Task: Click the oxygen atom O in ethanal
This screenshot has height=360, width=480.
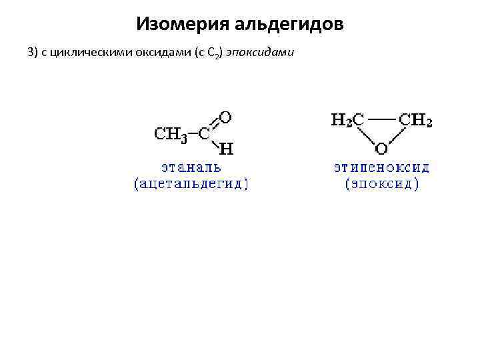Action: pyautogui.click(x=225, y=117)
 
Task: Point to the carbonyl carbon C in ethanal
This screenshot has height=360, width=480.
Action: pyautogui.click(x=204, y=133)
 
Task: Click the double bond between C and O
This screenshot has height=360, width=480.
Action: pyautogui.click(x=214, y=125)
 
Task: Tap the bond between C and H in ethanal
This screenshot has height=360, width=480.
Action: pyautogui.click(x=215, y=141)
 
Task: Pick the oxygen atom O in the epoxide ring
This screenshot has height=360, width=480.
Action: pyautogui.click(x=381, y=147)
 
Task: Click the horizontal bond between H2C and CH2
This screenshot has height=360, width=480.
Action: pyautogui.click(x=381, y=120)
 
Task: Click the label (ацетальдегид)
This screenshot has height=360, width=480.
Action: pyautogui.click(x=191, y=183)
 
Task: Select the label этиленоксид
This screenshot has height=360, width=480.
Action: pyautogui.click(x=382, y=167)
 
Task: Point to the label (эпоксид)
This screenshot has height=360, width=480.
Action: pyautogui.click(x=382, y=183)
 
